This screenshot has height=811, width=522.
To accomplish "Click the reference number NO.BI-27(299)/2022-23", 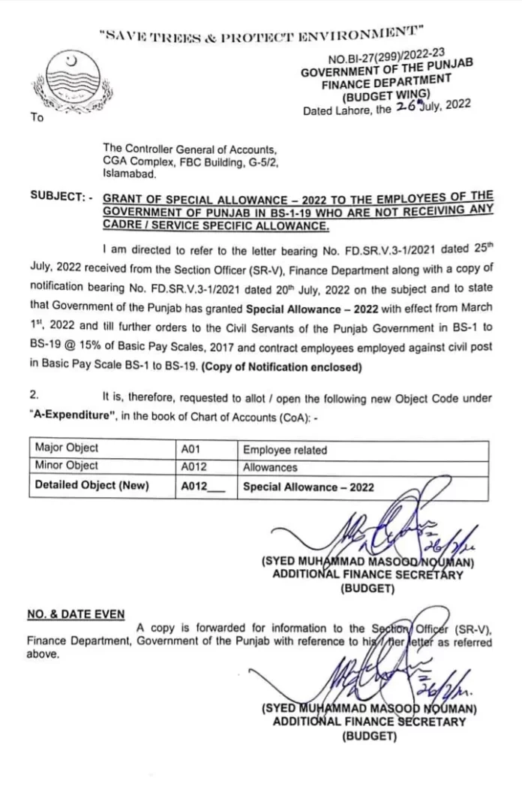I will click(x=386, y=55).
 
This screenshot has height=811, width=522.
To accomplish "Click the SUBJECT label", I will click(x=61, y=197).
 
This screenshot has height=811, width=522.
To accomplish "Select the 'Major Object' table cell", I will click(x=67, y=448).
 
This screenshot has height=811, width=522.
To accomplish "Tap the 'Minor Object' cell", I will click(x=67, y=466).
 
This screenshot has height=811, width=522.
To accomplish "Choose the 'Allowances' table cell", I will click(x=270, y=467).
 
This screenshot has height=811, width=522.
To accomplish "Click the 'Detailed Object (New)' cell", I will click(x=91, y=485).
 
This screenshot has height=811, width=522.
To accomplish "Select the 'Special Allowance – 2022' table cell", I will click(x=307, y=487).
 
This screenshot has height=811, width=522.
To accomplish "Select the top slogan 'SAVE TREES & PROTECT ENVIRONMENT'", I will click(x=261, y=33).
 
